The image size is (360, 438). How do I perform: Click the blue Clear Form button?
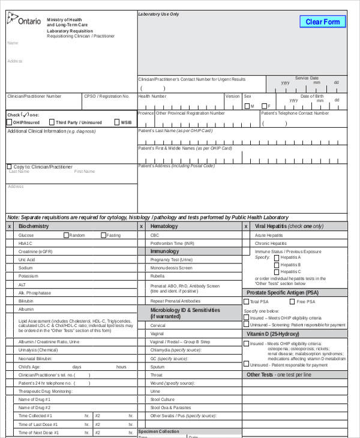pos(322,22)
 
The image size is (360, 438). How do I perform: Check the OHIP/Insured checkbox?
pos(9,122)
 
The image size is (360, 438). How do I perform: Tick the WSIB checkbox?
pos(116,122)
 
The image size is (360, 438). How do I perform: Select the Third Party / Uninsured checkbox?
pos(52,122)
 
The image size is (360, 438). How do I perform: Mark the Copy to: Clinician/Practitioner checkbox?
pos(9,167)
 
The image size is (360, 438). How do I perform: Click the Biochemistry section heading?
pos(34,226)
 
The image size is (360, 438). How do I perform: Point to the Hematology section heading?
pos(164,226)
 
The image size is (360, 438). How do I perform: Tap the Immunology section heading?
pos(164,251)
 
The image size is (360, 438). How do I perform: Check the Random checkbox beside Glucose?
pos(66,235)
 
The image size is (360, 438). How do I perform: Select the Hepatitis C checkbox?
pos(277,272)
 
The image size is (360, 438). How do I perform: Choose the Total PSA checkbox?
pos(247,301)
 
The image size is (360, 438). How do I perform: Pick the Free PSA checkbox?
pos(293,301)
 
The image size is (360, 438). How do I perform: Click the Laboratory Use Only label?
pos(158,14)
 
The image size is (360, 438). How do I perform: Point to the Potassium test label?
pos(28,276)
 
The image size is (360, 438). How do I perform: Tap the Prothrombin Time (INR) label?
pos(172,244)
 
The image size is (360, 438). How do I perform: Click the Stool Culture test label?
pos(162,399)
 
